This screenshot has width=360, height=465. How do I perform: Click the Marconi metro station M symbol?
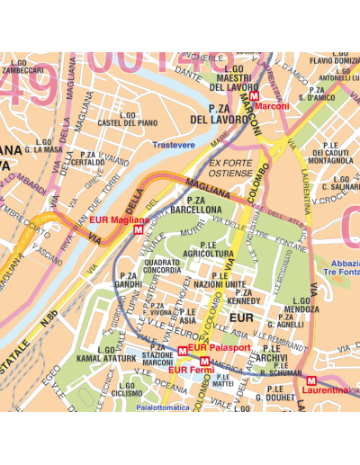click(x=254, y=94)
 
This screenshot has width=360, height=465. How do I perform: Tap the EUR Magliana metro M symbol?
click(x=137, y=229)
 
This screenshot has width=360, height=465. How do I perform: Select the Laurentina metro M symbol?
click(x=311, y=380)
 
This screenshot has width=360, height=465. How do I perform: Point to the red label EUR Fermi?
click(x=191, y=369)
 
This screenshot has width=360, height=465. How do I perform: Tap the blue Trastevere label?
click(x=173, y=145)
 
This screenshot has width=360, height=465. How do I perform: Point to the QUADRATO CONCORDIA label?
click(x=162, y=265)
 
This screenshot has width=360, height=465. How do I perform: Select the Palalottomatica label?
click(x=163, y=407)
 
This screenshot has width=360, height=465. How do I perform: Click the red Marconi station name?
click(x=273, y=106)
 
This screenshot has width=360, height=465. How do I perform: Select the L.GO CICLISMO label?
click(x=127, y=389)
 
